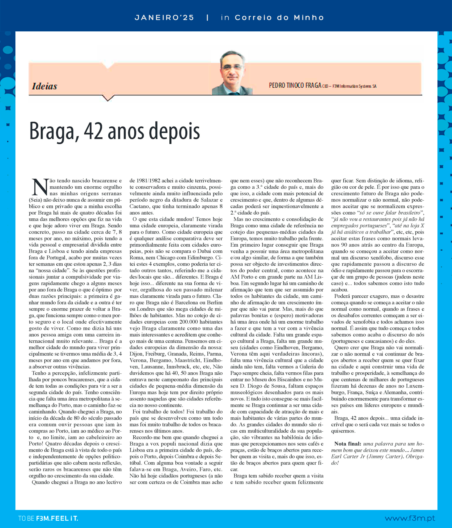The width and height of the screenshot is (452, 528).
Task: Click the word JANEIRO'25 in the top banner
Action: (164, 18)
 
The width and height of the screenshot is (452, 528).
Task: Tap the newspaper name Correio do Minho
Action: (279, 18)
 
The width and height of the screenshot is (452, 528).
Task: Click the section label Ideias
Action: (44, 86)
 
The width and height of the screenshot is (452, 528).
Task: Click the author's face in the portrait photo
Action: (232, 68)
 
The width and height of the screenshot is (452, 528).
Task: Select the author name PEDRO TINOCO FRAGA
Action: (295, 85)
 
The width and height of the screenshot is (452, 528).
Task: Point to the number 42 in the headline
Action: (93, 132)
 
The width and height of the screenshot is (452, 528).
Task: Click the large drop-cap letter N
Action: (40, 187)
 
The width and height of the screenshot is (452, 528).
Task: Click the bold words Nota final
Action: (347, 444)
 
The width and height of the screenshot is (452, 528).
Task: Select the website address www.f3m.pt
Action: (410, 518)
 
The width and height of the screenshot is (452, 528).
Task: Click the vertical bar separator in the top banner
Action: (207, 18)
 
